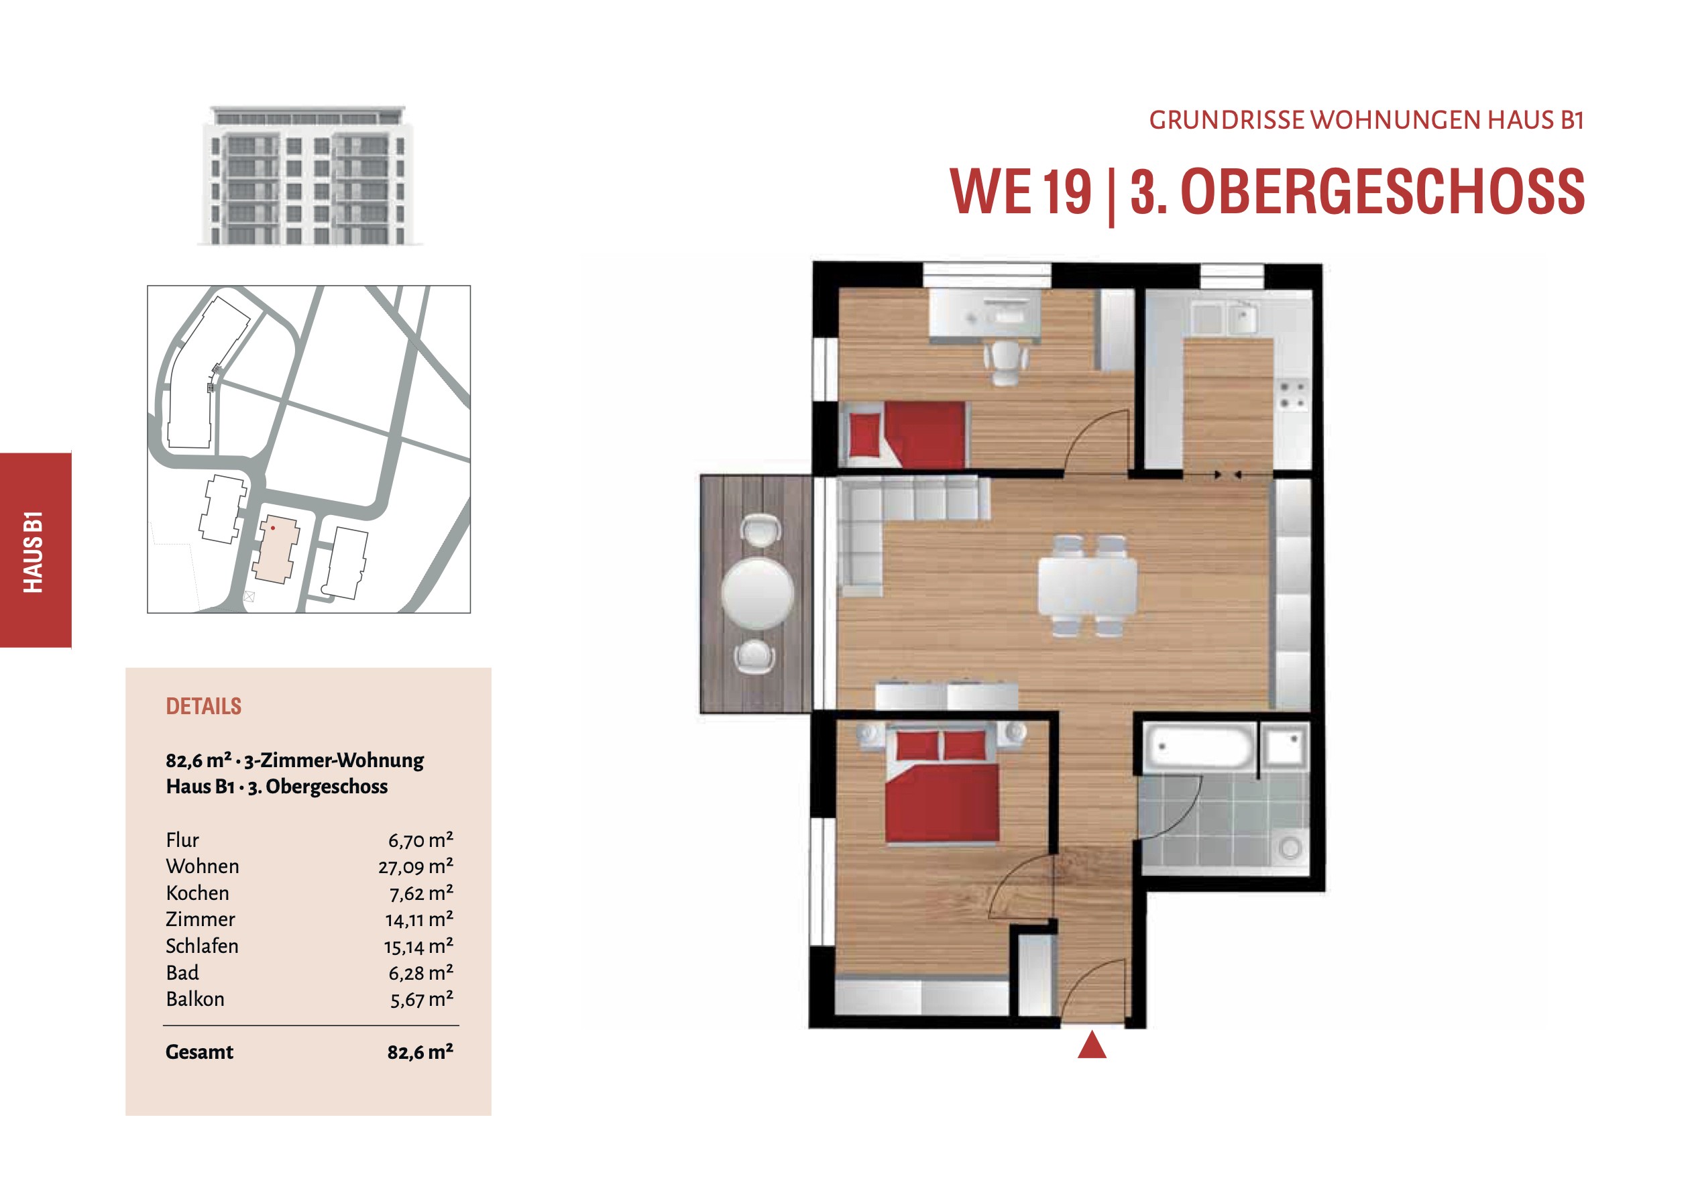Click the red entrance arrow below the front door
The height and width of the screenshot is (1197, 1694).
point(1092,1045)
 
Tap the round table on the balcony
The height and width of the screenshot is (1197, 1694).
point(758,593)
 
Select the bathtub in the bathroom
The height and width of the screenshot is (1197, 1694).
point(1200,747)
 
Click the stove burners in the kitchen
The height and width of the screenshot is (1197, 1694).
point(1293,395)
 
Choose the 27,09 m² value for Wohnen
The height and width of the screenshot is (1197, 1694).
point(416,866)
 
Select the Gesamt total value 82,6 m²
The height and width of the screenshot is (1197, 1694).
point(420,1051)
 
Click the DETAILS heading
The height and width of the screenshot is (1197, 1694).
point(204,706)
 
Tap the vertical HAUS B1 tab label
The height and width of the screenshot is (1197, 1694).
point(34,551)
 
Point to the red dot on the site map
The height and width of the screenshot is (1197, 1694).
point(273,528)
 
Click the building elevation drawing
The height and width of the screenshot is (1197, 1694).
point(309,175)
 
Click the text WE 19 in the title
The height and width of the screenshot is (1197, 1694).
point(1021,192)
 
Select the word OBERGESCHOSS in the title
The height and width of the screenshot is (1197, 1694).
point(1383,192)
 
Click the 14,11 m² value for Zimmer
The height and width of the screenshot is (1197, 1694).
point(419,919)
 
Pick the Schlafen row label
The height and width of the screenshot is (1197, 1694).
point(202,946)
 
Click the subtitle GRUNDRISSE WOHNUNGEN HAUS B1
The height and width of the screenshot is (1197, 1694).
point(1367,120)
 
